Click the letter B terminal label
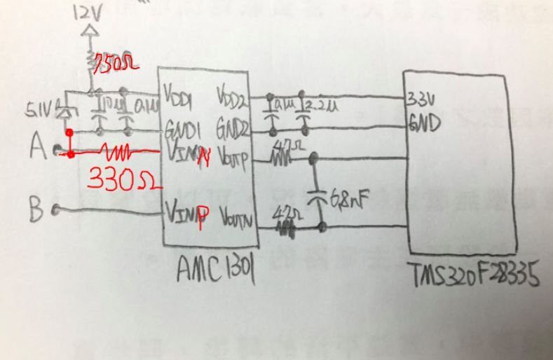[x=39, y=208]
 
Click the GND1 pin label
[x=181, y=130]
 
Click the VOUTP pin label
[x=235, y=162]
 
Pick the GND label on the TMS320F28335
[x=424, y=125]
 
